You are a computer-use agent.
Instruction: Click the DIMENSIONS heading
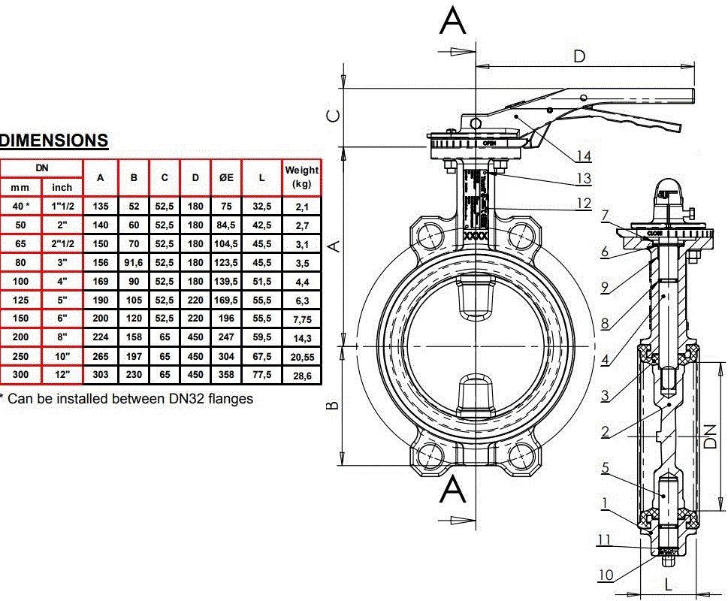point(54,140)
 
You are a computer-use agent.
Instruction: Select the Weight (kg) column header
point(301,177)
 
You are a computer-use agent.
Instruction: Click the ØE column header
point(225,178)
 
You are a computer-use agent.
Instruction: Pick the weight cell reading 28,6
point(301,374)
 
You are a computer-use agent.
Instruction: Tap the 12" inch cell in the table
point(62,374)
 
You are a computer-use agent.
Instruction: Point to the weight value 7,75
point(301,318)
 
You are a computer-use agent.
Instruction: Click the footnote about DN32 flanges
point(128,398)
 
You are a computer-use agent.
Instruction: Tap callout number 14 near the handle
point(584,156)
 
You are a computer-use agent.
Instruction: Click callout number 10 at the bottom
point(606,575)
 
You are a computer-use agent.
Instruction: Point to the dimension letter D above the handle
point(580,56)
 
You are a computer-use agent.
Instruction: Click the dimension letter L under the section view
point(668,582)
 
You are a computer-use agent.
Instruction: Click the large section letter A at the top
point(453,20)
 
